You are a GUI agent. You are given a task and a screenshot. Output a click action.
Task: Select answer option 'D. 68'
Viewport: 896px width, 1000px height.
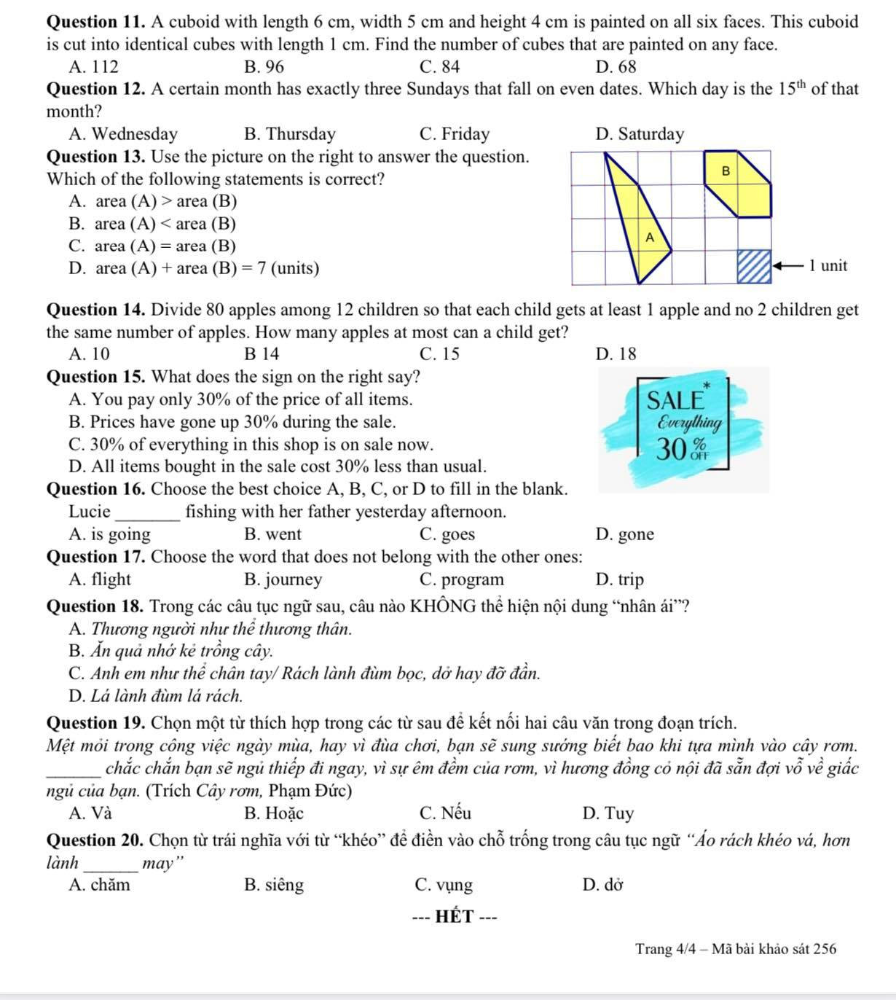pos(616,67)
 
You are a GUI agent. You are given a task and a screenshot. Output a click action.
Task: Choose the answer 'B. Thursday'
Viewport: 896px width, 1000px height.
pos(290,134)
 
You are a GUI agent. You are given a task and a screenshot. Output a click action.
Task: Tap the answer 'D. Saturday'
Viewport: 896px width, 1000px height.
pos(640,134)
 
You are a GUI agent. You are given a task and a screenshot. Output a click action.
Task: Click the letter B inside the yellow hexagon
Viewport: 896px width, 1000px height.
pos(725,171)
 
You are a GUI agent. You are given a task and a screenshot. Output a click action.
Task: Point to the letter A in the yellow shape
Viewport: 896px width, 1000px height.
pos(650,238)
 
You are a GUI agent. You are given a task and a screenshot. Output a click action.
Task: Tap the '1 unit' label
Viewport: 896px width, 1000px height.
pos(828,266)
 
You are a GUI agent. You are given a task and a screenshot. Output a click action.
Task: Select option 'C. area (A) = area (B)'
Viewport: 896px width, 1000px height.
pos(152,246)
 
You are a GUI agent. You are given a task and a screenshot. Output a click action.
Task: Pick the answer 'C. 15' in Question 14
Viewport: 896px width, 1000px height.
pos(440,354)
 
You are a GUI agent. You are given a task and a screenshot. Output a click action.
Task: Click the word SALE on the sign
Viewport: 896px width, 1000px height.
pos(675,400)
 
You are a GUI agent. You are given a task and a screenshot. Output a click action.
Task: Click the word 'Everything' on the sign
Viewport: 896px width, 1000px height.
pos(689,423)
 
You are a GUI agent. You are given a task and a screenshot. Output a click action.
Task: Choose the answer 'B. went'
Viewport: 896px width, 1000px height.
pos(272,534)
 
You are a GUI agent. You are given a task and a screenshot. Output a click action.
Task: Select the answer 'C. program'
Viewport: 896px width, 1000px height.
pos(462,579)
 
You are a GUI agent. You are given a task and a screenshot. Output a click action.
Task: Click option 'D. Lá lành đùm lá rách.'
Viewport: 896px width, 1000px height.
pos(156,696)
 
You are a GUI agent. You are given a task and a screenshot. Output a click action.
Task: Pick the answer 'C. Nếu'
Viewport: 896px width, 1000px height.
pos(445,813)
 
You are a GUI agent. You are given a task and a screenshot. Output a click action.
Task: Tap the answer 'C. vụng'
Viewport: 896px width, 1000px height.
pos(444,886)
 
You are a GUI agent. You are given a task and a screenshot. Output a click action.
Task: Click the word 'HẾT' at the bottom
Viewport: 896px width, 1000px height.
pos(455,917)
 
